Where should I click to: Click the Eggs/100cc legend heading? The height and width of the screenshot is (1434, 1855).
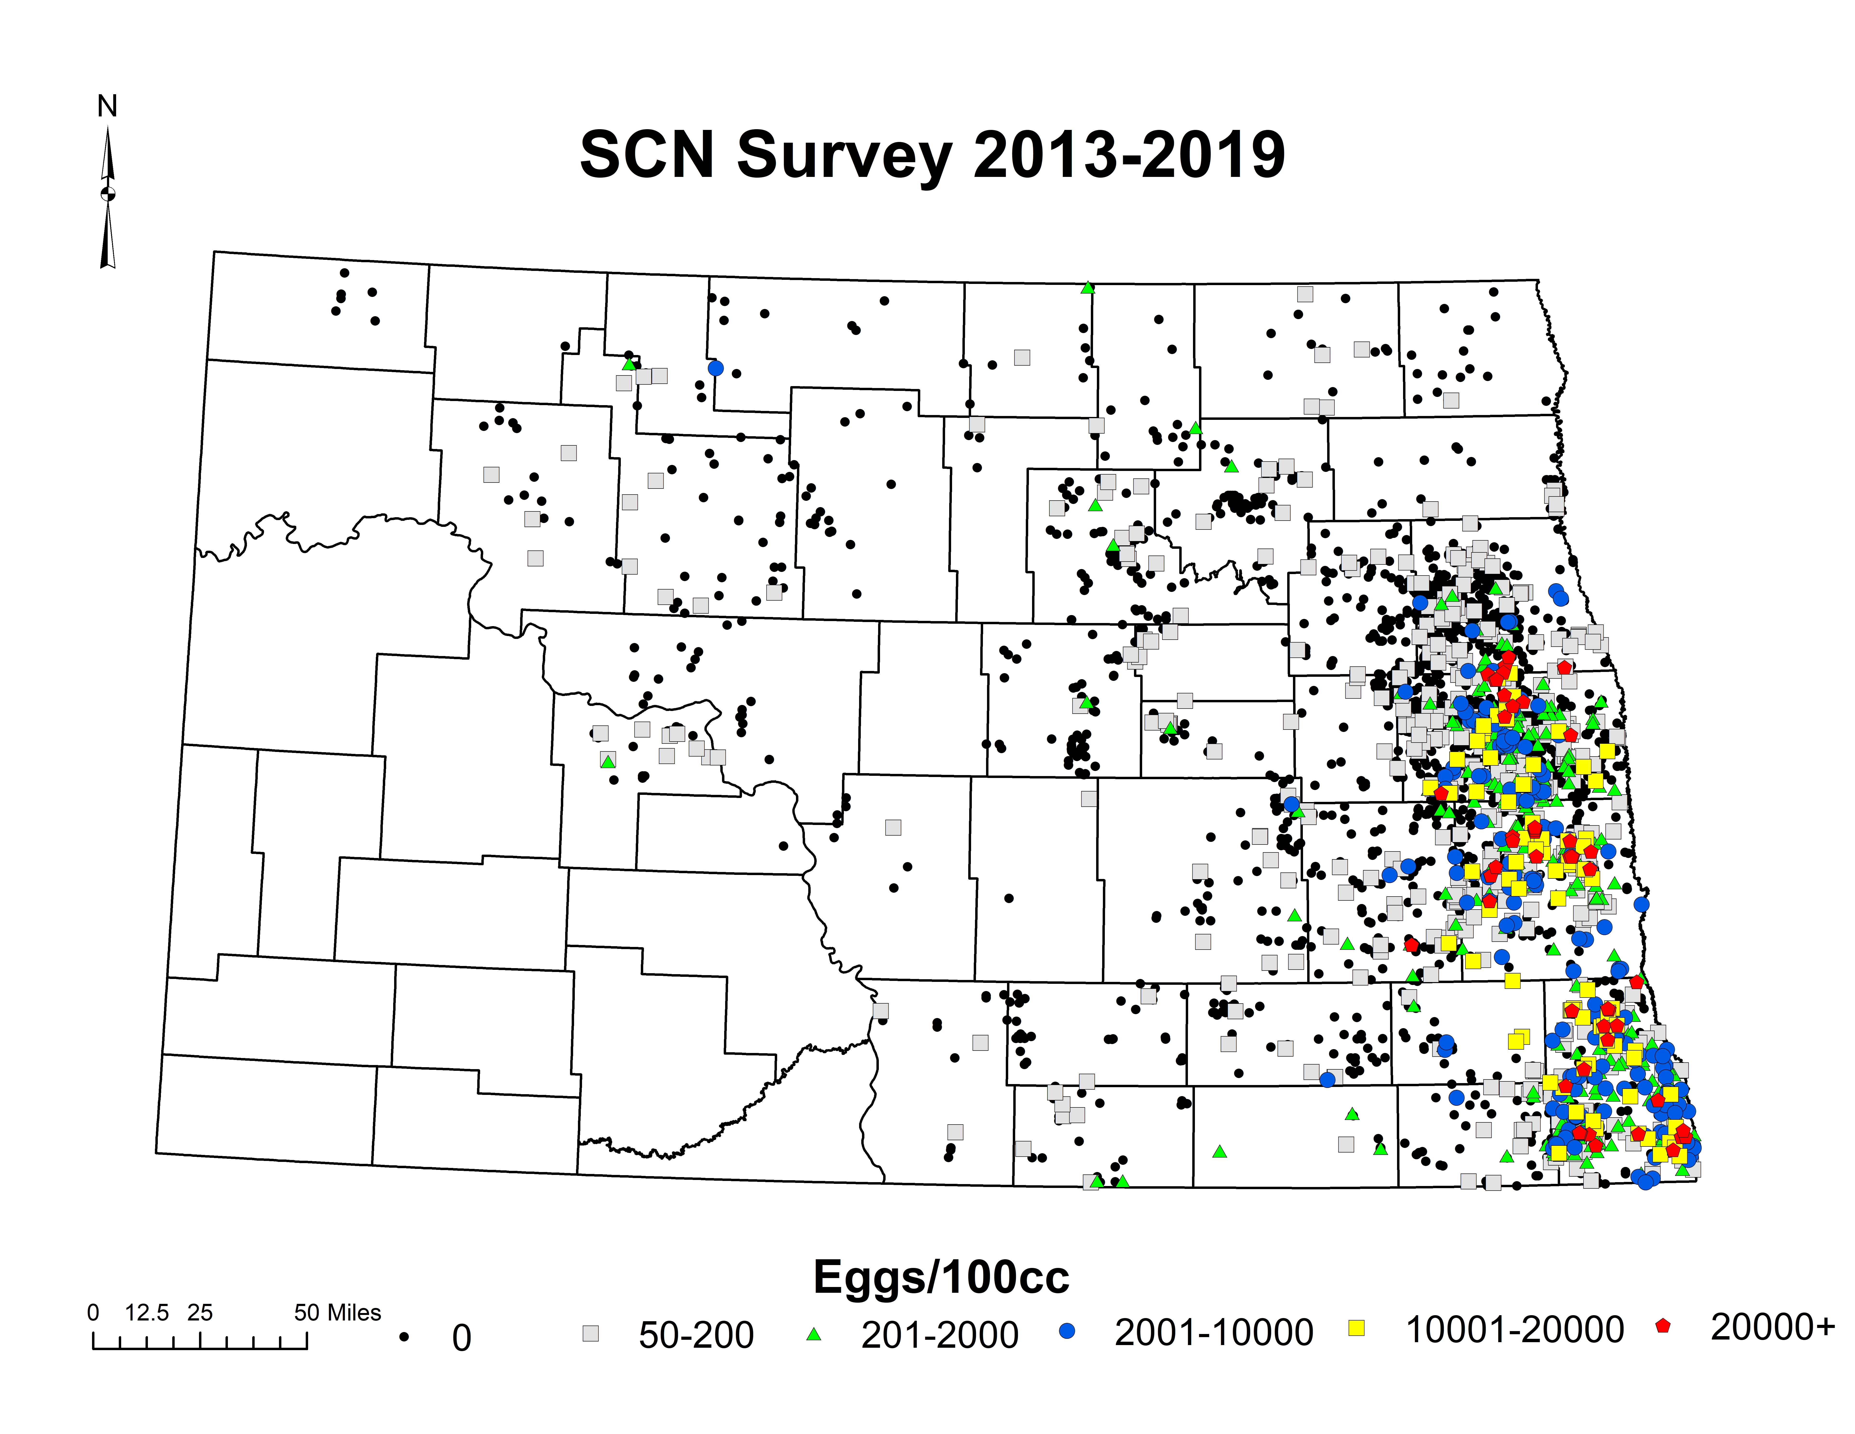tap(941, 1277)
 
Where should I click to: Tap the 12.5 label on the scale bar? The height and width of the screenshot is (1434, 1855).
tap(147, 1313)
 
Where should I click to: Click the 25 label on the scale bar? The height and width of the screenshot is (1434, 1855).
tap(200, 1313)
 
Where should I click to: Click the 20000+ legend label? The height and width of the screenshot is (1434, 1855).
tap(1773, 1327)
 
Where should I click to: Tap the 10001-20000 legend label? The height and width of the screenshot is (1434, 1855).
tap(1514, 1329)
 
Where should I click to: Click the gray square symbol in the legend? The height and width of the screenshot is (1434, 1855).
tap(590, 1334)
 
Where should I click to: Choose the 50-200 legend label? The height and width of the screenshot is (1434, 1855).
tap(696, 1335)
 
